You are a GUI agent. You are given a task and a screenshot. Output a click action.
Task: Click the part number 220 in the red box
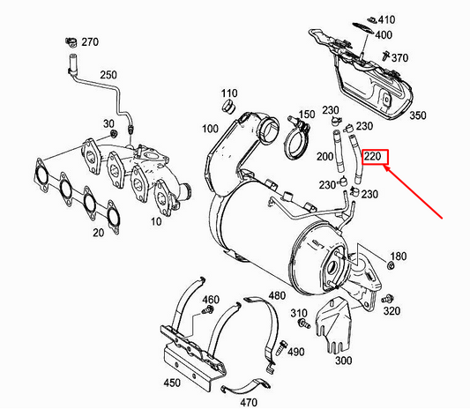(373, 156)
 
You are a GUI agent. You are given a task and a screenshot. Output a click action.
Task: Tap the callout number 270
(90, 42)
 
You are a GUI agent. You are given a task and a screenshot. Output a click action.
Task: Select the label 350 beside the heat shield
(418, 115)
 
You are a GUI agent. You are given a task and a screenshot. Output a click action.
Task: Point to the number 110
(229, 93)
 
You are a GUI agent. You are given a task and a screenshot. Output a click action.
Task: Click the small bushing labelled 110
(228, 107)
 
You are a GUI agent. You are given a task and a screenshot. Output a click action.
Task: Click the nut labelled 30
(113, 134)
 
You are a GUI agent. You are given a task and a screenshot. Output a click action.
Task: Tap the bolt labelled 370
(385, 56)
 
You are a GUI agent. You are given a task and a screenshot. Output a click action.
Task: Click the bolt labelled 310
(303, 323)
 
